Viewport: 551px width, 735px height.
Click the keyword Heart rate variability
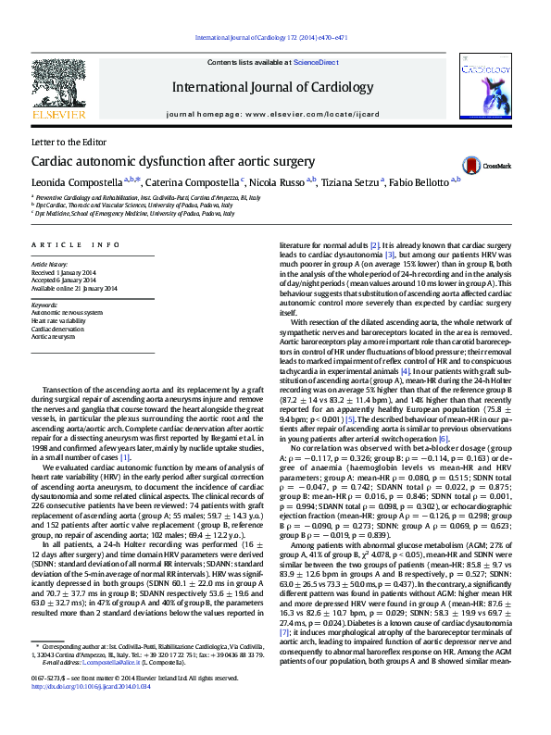[61, 321]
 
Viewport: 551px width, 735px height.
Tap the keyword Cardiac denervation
[57, 329]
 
